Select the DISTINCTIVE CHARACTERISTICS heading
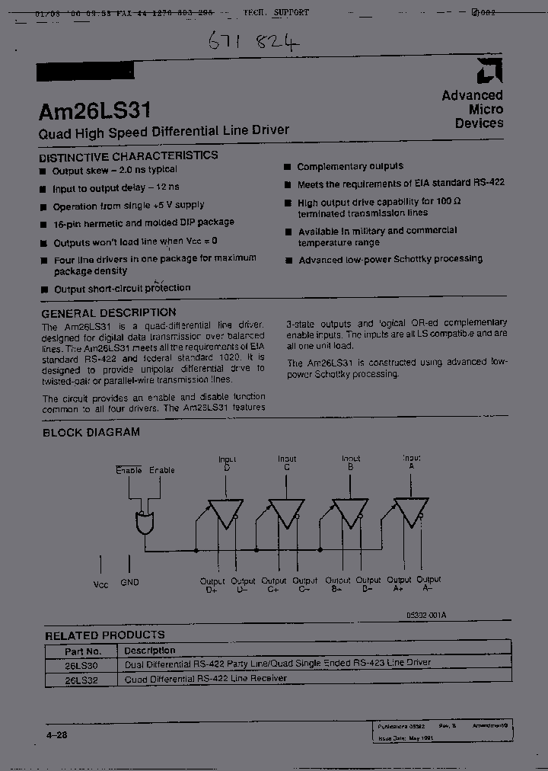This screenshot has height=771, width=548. (129, 155)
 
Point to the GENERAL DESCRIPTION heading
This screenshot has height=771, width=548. (109, 312)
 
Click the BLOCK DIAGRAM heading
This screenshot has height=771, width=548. (91, 432)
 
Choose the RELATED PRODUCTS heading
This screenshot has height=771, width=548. (104, 635)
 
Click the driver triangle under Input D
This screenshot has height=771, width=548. (225, 513)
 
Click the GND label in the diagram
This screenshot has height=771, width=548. (129, 582)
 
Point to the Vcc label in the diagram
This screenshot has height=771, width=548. (100, 584)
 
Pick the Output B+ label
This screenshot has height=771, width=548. (336, 584)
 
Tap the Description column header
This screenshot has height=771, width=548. (149, 651)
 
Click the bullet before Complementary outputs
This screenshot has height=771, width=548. (288, 167)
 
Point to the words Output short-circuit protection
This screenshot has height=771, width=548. (122, 289)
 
